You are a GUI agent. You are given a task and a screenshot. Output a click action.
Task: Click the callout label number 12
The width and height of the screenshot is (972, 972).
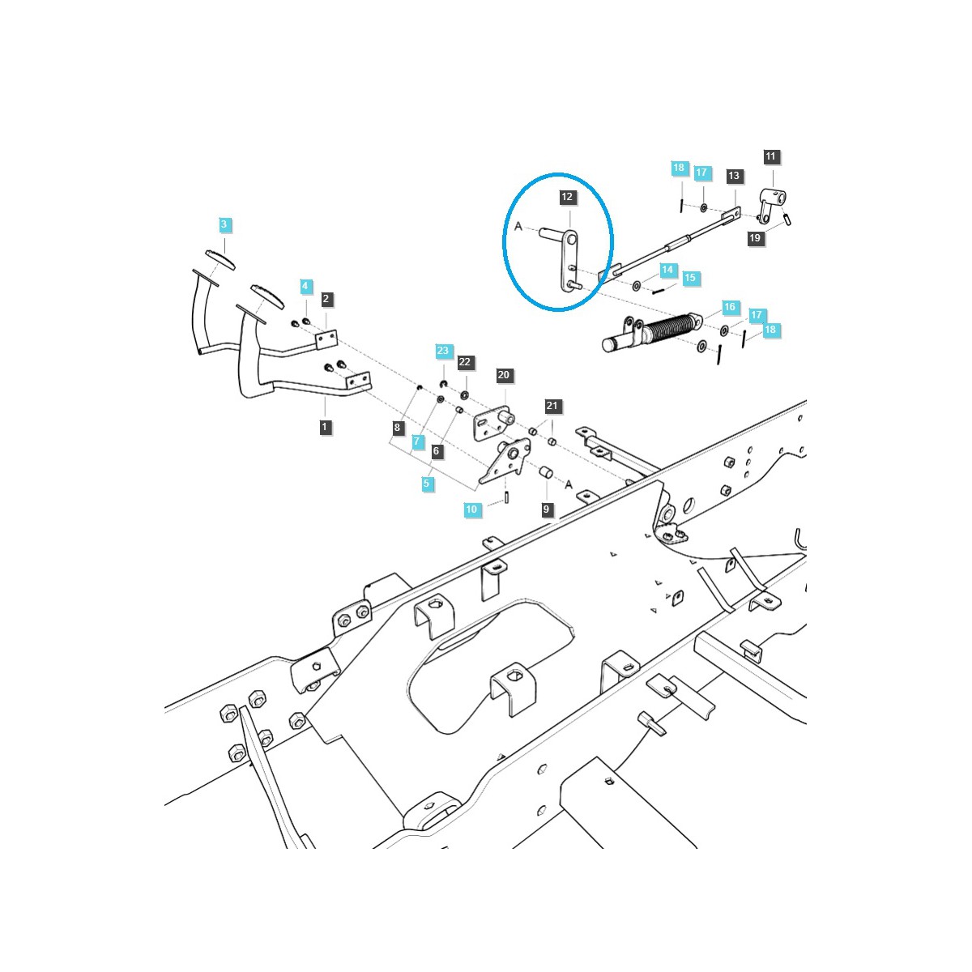(567, 197)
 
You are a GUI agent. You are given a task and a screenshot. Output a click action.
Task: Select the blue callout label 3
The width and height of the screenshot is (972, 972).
(225, 224)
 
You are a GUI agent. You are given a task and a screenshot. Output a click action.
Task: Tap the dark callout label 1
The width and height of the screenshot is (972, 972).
(326, 427)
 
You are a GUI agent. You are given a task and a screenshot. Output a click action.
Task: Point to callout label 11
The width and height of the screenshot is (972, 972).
(770, 156)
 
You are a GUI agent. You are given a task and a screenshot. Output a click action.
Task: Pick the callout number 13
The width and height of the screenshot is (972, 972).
(734, 176)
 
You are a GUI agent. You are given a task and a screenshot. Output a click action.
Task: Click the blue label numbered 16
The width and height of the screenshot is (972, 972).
(730, 307)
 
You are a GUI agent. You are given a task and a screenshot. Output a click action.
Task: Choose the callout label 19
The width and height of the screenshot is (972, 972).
(755, 238)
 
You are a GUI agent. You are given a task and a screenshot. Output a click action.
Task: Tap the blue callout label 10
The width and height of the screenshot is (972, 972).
(471, 509)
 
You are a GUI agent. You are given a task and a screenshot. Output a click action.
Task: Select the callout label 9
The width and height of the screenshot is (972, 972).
(547, 509)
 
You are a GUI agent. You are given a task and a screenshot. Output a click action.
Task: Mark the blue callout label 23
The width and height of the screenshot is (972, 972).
(442, 351)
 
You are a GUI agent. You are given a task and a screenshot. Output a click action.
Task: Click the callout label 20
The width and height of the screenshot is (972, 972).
(504, 375)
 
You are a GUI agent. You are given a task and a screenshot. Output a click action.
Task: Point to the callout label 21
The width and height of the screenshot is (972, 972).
(552, 406)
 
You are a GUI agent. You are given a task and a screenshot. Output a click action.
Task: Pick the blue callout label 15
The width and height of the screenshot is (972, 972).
(689, 278)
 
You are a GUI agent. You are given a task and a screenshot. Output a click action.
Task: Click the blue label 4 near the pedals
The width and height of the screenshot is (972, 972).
(305, 286)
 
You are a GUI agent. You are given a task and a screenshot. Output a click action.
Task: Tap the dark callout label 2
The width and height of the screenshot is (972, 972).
(326, 299)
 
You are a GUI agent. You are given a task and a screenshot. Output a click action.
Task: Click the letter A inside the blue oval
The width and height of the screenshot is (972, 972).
(518, 227)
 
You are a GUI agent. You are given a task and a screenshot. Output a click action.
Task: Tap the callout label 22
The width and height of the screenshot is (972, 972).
(465, 362)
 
